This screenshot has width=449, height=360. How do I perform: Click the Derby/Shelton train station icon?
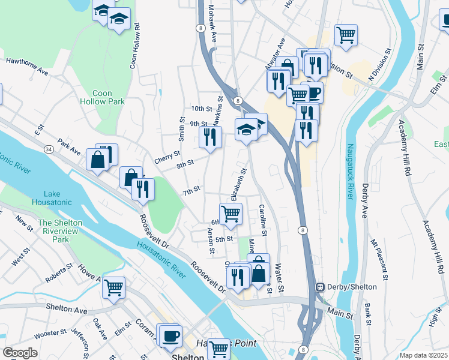(321, 287)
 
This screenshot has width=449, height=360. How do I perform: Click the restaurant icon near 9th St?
(210, 137)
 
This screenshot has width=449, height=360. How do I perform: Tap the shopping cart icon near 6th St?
(231, 214)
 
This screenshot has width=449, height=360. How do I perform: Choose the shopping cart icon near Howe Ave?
(113, 287)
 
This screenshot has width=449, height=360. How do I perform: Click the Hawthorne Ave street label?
(27, 66)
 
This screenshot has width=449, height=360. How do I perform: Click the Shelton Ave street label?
(67, 308)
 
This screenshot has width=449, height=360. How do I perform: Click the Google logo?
(20, 353)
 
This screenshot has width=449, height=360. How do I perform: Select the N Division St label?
(379, 69)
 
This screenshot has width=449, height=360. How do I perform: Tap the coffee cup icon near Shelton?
(170, 334)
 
